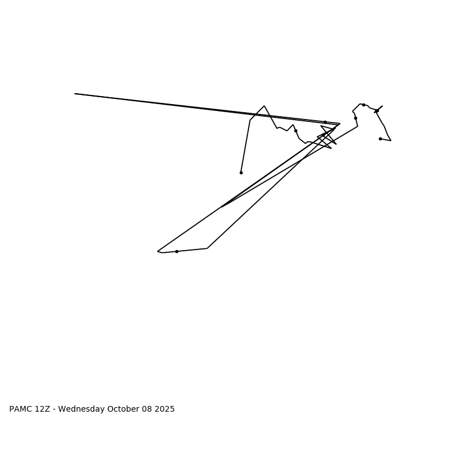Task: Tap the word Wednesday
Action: point(82,409)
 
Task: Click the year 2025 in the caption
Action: point(164,409)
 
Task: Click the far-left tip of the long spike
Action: point(75,94)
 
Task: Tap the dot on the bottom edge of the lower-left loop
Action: point(177,251)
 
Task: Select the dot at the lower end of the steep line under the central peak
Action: point(241,172)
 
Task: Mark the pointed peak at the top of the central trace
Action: point(264,106)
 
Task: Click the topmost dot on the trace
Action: point(363,105)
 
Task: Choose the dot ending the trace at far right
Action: point(380,139)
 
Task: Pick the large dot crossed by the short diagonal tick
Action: point(377,110)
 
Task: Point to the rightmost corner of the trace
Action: point(391,140)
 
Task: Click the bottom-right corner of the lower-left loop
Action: point(207,248)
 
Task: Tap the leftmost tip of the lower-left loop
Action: point(158,251)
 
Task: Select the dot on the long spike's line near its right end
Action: point(325,122)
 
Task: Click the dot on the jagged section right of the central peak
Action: point(296,131)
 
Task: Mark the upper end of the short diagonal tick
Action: point(382,106)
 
